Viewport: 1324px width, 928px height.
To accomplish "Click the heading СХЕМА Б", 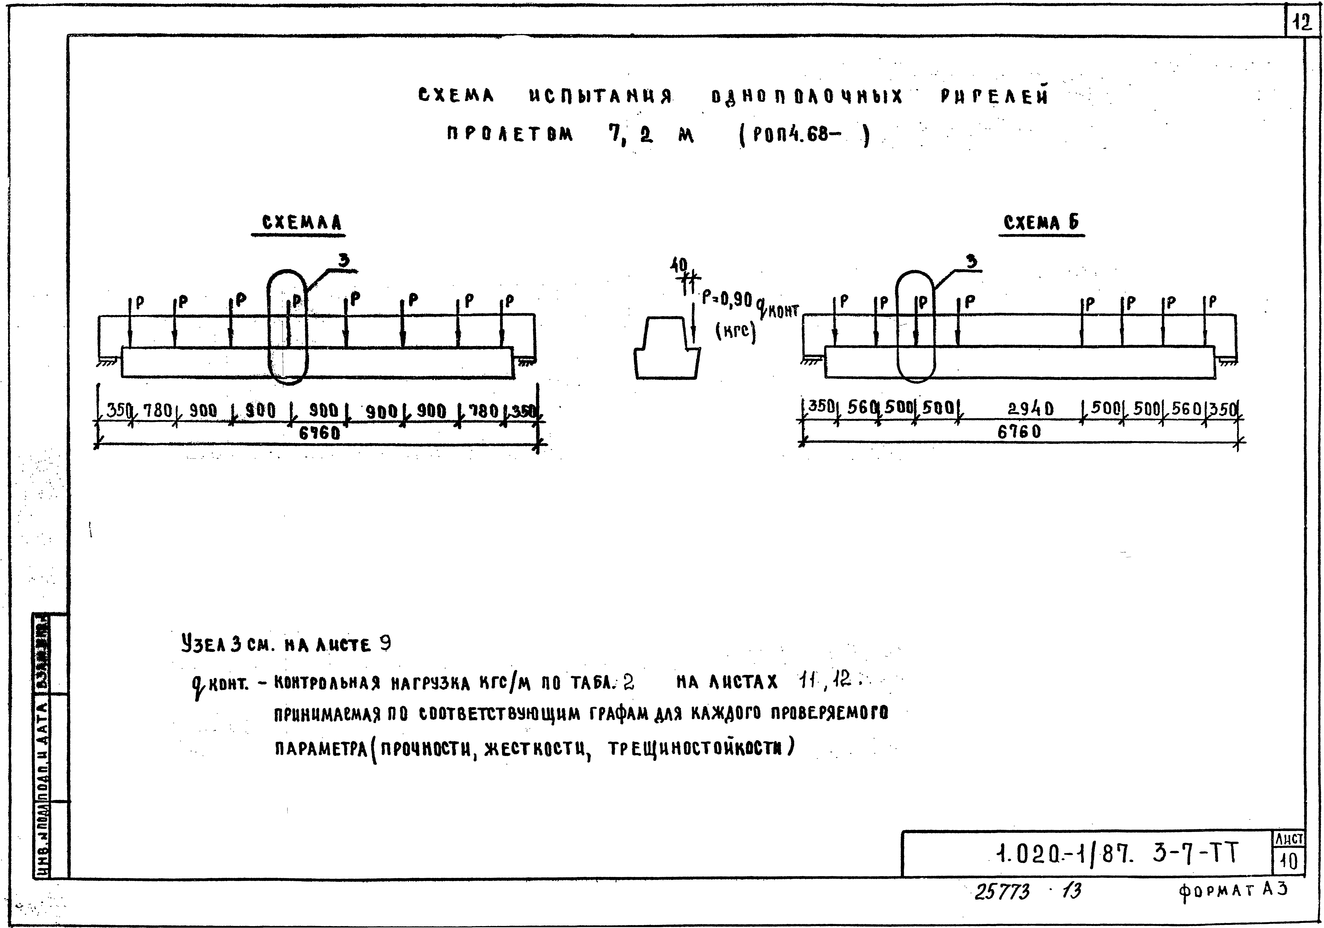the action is pos(1041,223).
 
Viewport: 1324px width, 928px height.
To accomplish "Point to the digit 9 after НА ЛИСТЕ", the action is pos(385,643).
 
